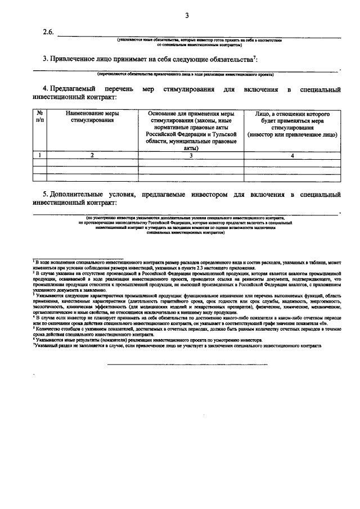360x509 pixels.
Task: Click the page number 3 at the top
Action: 186,15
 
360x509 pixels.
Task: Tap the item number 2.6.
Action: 49,32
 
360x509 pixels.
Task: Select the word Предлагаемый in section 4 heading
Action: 73,89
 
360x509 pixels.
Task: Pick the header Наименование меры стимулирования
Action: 92,117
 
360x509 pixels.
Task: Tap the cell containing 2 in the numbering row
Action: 92,155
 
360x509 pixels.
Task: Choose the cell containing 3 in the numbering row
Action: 191,155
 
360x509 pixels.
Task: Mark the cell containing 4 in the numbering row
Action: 292,155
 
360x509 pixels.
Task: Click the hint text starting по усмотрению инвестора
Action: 185,217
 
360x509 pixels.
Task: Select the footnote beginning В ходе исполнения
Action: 186,264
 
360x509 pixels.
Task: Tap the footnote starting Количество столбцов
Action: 186,333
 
